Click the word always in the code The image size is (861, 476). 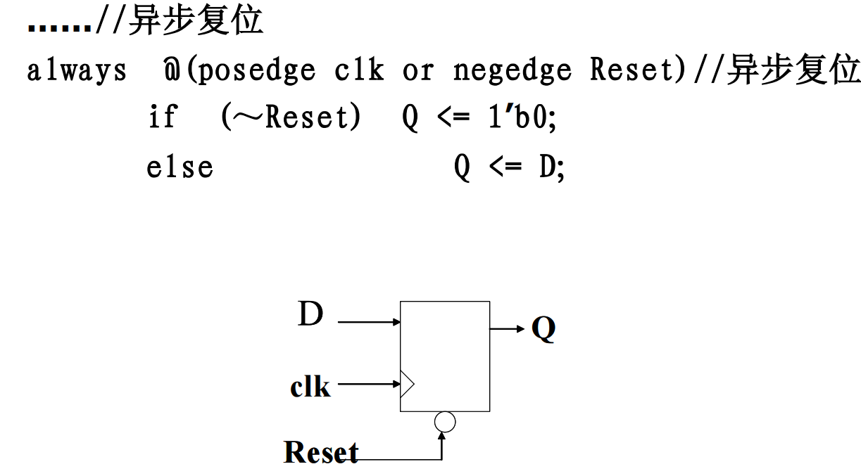(77, 71)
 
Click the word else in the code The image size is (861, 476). (180, 167)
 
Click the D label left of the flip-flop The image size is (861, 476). (310, 314)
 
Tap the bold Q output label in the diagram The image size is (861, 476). (543, 328)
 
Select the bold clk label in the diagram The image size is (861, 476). (310, 386)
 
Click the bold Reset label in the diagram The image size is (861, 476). (321, 451)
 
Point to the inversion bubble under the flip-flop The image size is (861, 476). (445, 421)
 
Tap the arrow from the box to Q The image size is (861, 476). (508, 328)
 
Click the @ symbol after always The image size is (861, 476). (171, 71)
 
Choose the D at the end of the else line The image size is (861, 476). (548, 167)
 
